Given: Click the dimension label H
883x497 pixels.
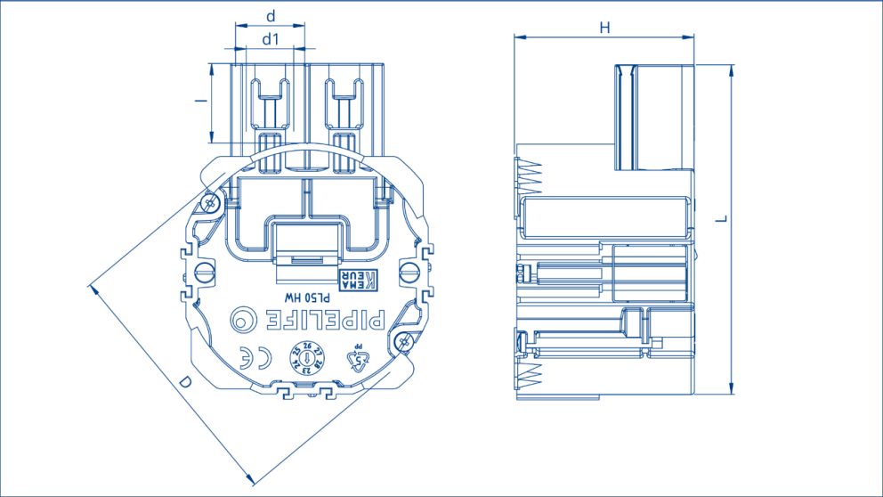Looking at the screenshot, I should tap(604, 28).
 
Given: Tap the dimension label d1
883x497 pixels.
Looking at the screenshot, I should tap(271, 39).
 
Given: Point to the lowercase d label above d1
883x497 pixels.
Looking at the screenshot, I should tap(271, 16).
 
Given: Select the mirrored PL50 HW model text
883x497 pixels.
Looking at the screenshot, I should tap(308, 294).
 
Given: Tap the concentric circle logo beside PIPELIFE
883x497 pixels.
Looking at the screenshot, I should tap(241, 318).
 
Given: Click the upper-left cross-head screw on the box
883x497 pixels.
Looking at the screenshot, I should tap(210, 204).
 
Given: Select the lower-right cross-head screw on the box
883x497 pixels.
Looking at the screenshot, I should tap(405, 342).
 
